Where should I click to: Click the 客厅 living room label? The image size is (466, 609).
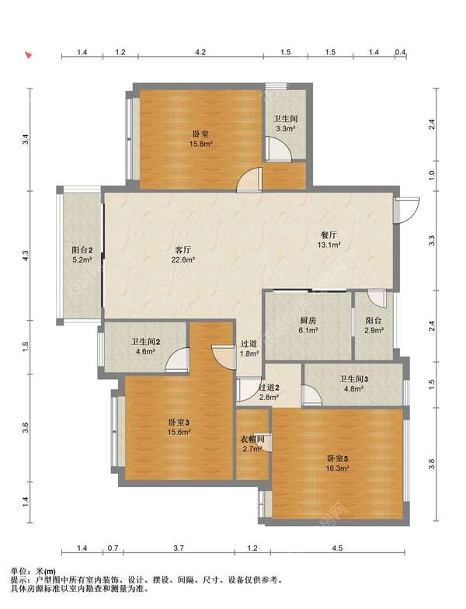click(x=183, y=249)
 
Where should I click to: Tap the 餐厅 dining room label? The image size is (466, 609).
click(x=329, y=235)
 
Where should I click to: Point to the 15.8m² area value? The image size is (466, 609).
click(x=200, y=144)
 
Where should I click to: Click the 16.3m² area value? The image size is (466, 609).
click(x=337, y=468)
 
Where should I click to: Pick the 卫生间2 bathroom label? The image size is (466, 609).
click(x=146, y=342)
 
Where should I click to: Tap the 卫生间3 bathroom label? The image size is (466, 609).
click(x=354, y=379)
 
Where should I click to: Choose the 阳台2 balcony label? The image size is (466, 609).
click(x=82, y=250)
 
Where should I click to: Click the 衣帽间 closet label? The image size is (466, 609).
click(x=252, y=440)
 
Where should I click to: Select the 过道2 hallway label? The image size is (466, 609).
click(x=269, y=387)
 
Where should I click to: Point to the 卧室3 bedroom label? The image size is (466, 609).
click(x=179, y=423)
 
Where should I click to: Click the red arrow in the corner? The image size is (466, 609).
click(x=28, y=54)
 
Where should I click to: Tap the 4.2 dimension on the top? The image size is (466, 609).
click(x=200, y=52)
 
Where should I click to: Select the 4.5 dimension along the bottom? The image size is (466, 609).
click(x=337, y=548)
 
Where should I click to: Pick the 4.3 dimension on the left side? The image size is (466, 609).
click(x=25, y=256)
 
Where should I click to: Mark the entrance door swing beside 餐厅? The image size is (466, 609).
click(x=407, y=211)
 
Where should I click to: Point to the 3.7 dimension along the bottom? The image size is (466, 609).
click(x=179, y=548)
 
